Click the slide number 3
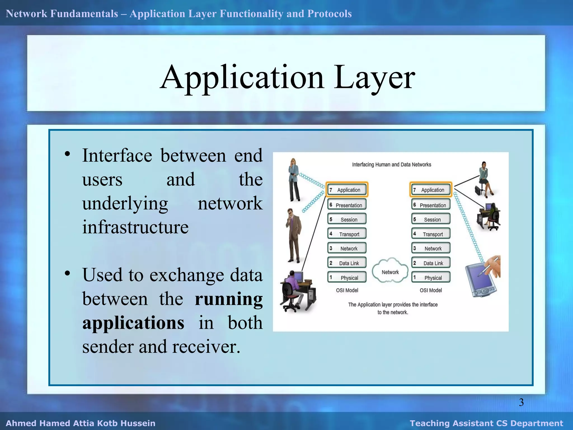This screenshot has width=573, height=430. [x=521, y=402]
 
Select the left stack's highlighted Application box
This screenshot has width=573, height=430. [x=347, y=190]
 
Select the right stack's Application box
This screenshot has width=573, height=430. [x=431, y=190]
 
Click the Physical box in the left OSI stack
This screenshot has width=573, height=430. [x=347, y=277]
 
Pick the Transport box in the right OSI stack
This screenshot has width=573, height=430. [x=431, y=234]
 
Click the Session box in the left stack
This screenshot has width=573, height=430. [x=347, y=219]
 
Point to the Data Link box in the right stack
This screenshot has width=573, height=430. [x=431, y=263]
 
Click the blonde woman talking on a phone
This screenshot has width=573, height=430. [x=294, y=179]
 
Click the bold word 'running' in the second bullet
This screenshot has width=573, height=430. [x=229, y=299]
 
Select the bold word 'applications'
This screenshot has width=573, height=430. [x=133, y=323]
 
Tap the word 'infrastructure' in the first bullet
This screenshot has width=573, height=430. [x=135, y=227]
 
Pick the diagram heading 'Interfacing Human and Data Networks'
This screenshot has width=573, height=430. [x=391, y=165]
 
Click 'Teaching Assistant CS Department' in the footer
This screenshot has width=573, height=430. [x=486, y=423]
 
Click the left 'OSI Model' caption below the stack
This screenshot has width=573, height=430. [x=347, y=290]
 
